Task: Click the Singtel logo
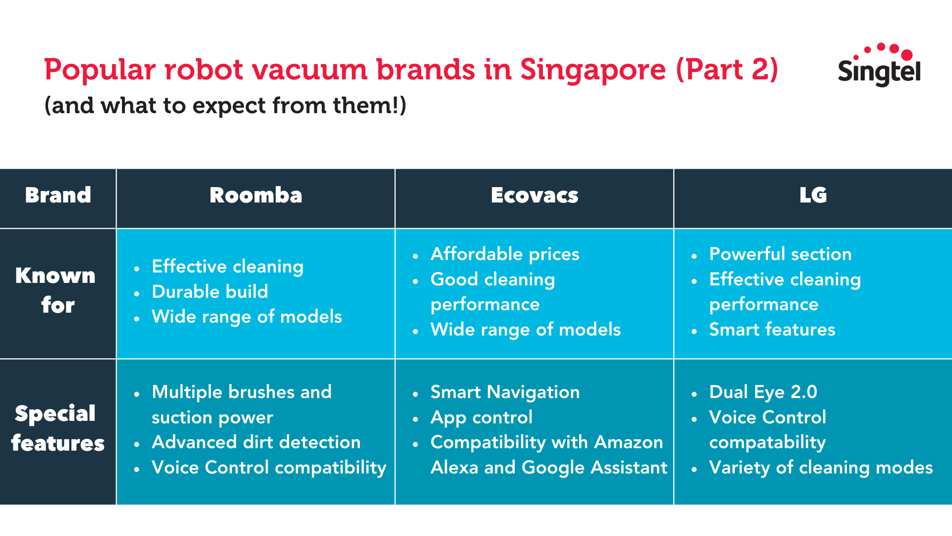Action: pyautogui.click(x=879, y=65)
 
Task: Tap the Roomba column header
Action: pyautogui.click(x=256, y=195)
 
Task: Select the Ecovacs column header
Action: pyautogui.click(x=535, y=195)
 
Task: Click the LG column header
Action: pyautogui.click(x=813, y=195)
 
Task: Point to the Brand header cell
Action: pyautogui.click(x=58, y=195)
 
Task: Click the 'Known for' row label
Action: pyautogui.click(x=56, y=290)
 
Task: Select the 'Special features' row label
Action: pyautogui.click(x=58, y=428)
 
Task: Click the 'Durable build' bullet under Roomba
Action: pyautogui.click(x=210, y=291)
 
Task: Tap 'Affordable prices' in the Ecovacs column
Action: pyautogui.click(x=505, y=254)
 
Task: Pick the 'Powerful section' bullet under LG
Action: pyautogui.click(x=780, y=254)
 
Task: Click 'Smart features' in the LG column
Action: pyautogui.click(x=772, y=330)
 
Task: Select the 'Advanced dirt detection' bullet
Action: pyautogui.click(x=256, y=442)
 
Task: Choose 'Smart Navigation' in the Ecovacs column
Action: pyautogui.click(x=505, y=392)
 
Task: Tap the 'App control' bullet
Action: pyautogui.click(x=481, y=417)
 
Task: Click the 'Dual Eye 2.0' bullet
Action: pyautogui.click(x=763, y=392)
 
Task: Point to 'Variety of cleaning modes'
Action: pyautogui.click(x=821, y=468)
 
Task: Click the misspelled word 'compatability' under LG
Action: pyautogui.click(x=768, y=443)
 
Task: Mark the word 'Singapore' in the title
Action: pyautogui.click(x=593, y=69)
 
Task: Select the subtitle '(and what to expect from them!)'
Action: pyautogui.click(x=225, y=106)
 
